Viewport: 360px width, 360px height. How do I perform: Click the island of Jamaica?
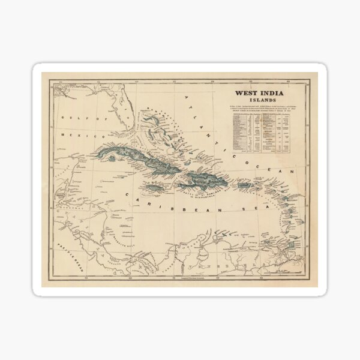[155, 189]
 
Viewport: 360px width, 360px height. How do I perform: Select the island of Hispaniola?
[204, 178]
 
